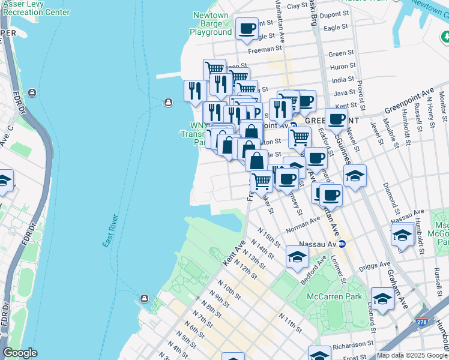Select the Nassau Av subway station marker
pyautogui.click(x=342, y=244)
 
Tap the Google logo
pyautogui.click(x=20, y=353)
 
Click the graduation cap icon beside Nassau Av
pyautogui.click(x=297, y=256)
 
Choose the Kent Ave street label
pyautogui.click(x=234, y=256)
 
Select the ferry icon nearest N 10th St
pyautogui.click(x=144, y=298)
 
